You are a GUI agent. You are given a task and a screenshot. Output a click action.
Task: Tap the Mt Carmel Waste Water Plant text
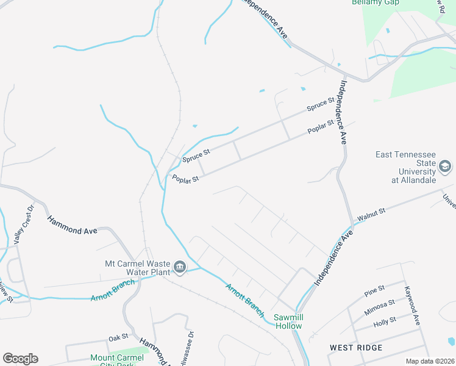tap(136, 268)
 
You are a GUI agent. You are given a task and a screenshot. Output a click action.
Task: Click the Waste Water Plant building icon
tap(180, 267)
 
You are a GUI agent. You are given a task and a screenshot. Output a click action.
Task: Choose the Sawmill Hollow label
tap(288, 321)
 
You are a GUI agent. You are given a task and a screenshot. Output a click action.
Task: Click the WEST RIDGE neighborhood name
tap(356, 348)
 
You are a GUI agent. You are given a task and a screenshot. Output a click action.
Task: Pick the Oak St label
tap(118, 337)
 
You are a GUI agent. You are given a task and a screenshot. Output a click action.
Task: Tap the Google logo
tap(20, 359)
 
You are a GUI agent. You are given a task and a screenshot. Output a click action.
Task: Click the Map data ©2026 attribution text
tap(430, 361)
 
